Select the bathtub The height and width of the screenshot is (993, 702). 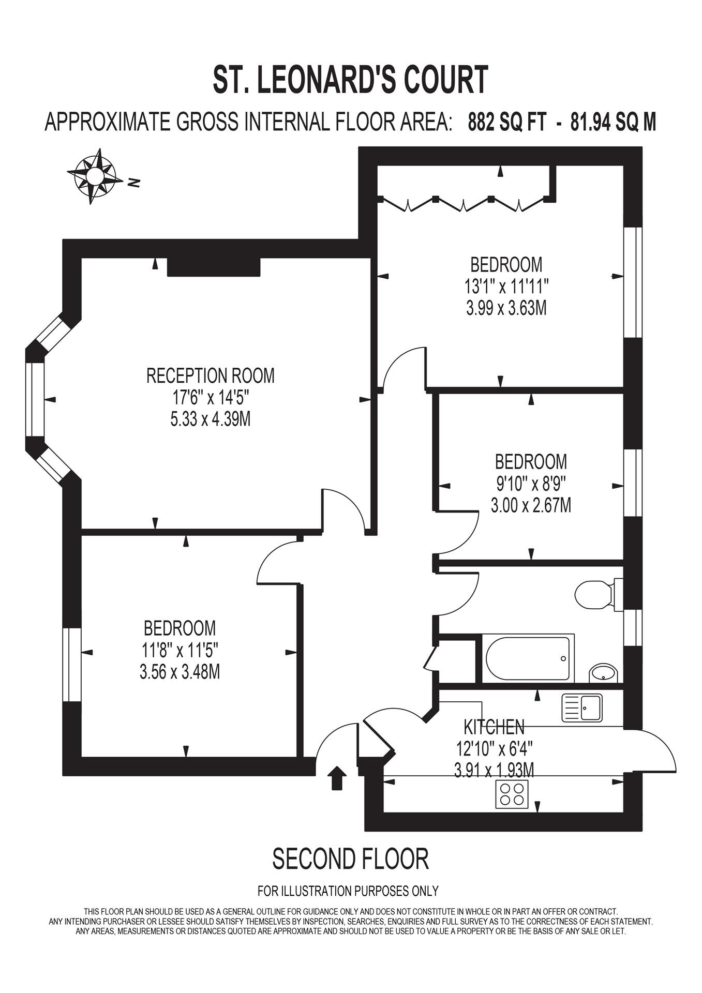[528, 658]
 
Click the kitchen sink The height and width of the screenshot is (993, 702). [582, 708]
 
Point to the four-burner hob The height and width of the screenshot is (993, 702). [512, 794]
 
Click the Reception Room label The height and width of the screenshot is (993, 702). [210, 375]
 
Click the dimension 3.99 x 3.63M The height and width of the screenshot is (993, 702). [506, 309]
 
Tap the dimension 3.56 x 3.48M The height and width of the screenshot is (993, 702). [180, 672]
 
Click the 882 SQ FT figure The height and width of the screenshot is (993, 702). [506, 123]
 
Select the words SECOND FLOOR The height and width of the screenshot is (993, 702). [350, 859]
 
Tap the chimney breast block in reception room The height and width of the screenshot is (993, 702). [213, 267]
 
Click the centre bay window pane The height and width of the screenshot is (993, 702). [35, 399]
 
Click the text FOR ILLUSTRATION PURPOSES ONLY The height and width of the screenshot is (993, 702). [348, 891]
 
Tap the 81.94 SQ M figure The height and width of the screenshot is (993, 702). [613, 123]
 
